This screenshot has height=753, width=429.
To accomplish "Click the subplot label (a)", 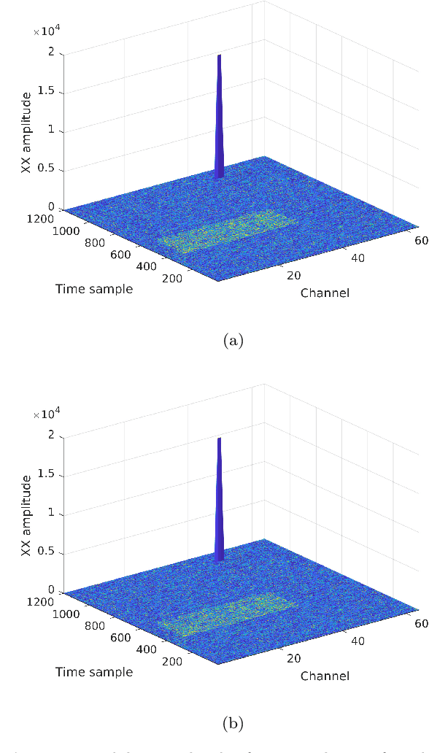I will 233,340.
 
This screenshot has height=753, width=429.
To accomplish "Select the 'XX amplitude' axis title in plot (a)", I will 27,131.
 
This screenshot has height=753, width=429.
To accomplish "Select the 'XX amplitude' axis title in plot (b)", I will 27,514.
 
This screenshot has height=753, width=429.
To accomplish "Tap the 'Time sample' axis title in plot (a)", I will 94,289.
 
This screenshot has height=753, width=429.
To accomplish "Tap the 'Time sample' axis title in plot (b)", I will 94,671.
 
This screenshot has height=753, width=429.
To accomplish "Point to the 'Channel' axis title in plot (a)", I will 325,293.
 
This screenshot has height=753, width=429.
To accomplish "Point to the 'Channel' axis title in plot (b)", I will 325,676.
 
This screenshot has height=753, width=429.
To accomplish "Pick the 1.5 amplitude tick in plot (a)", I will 48,93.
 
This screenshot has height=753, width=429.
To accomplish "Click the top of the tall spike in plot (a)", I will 219,55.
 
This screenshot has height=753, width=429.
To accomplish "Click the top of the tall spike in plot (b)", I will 219,439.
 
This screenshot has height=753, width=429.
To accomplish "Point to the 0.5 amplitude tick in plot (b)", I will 48,553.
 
